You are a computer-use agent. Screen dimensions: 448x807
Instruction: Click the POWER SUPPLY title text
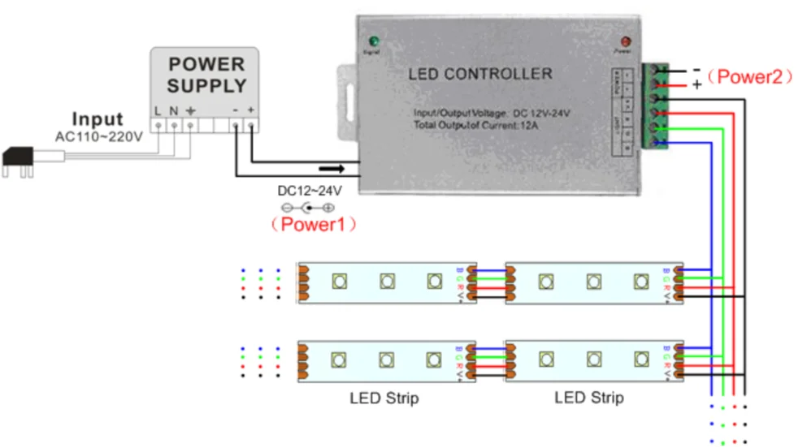tap(206, 75)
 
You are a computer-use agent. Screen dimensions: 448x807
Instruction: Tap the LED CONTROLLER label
tap(479, 75)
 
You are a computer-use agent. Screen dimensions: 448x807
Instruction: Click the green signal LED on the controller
tap(374, 41)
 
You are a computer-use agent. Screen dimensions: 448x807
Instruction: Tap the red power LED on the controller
tap(625, 41)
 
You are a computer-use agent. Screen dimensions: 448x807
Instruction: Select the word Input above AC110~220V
tap(98, 120)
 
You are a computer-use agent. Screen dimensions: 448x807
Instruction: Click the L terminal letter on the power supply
tap(158, 110)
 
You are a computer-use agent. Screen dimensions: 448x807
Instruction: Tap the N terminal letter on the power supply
tap(173, 110)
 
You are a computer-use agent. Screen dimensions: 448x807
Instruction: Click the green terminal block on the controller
tap(657, 106)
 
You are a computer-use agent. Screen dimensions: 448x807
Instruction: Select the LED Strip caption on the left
tap(384, 398)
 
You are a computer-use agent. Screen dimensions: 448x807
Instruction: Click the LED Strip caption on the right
tap(589, 398)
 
